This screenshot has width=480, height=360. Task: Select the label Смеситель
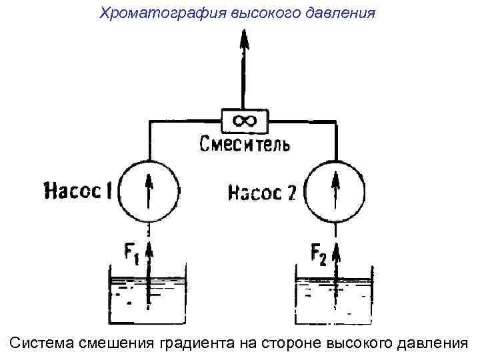tap(245, 143)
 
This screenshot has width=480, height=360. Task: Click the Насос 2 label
tap(262, 193)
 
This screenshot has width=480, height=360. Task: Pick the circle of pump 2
tap(335, 191)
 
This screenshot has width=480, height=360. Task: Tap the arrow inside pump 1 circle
tap(151, 189)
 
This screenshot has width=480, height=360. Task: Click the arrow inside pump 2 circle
tap(335, 189)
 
